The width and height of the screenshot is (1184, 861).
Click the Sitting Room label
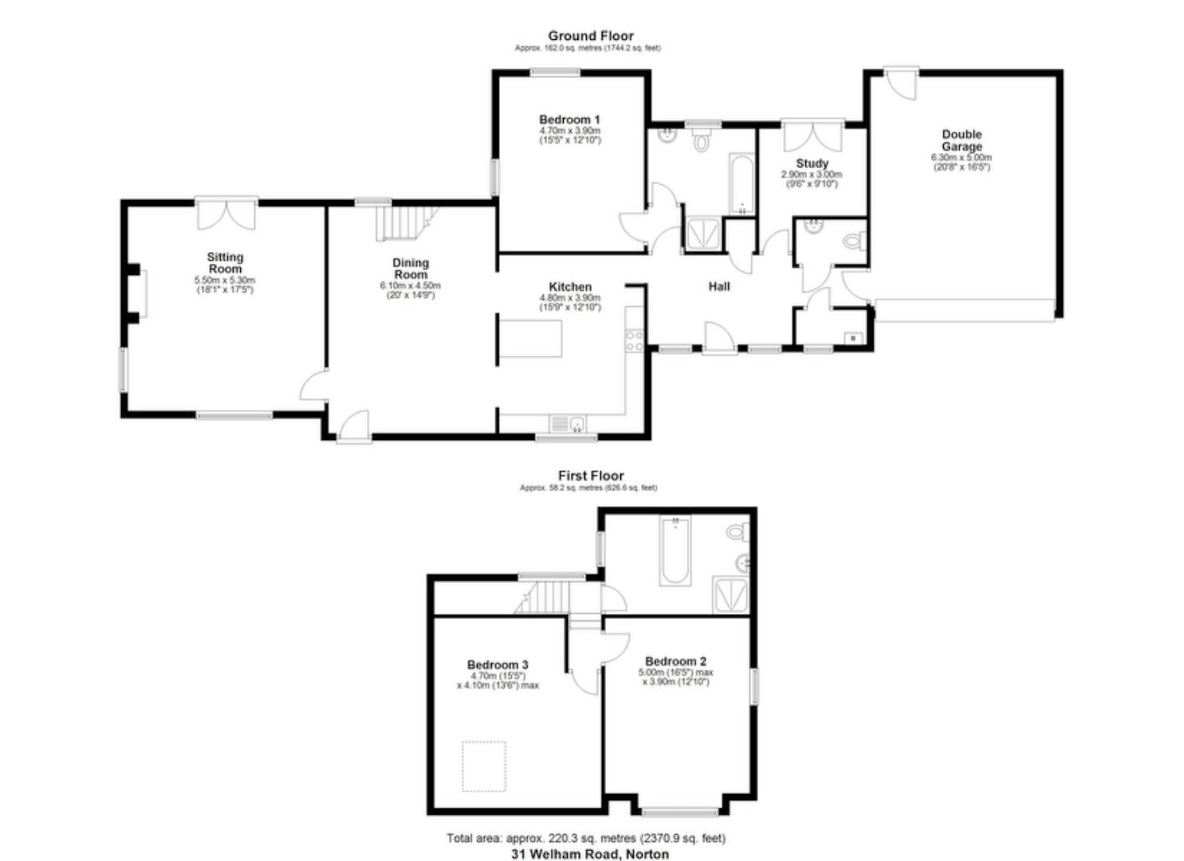[225, 263]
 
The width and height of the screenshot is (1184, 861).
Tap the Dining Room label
[411, 269]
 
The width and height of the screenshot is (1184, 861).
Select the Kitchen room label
[570, 287]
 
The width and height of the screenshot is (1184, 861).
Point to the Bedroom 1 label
[569, 120]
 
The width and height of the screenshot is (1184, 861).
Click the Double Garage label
[962, 140]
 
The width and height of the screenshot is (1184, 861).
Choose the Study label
[812, 163]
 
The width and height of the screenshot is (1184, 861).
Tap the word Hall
[719, 287]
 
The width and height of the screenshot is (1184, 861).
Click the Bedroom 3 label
[498, 665]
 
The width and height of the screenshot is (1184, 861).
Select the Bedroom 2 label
[675, 661]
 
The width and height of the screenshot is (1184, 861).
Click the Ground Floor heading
[590, 36]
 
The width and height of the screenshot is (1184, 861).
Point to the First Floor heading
[590, 476]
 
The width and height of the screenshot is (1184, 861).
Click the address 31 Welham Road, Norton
[590, 854]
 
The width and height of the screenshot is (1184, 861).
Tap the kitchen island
[531, 336]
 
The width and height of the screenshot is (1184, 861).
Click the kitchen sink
[567, 423]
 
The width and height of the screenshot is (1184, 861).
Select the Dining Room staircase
[406, 222]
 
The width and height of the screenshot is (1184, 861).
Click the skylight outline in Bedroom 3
[484, 766]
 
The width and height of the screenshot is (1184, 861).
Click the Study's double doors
[812, 136]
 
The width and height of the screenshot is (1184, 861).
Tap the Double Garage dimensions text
[962, 163]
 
